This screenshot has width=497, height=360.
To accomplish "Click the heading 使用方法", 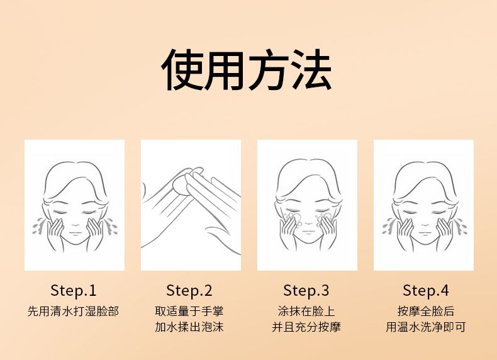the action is (246, 70).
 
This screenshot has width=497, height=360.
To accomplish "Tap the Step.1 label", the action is (73, 291).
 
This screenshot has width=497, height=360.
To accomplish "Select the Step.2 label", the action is (189, 291).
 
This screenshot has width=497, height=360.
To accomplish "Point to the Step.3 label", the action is (306, 291).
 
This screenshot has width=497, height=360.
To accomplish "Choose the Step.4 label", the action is (426, 291).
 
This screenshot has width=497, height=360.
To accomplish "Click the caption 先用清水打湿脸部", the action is (73, 311).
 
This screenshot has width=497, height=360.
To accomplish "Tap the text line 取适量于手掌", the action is (189, 311).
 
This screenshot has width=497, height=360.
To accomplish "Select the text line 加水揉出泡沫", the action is (189, 327).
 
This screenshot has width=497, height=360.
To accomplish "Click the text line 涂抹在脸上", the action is (306, 311).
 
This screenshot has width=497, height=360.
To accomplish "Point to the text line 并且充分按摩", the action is (306, 327).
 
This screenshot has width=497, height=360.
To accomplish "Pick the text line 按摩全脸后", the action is (426, 311).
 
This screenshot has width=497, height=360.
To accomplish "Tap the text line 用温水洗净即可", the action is (426, 327).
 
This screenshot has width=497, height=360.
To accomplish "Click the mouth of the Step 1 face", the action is (75, 233).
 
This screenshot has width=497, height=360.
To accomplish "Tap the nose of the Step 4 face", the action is (425, 224).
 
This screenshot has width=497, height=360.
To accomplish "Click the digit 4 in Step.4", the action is (444, 290).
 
